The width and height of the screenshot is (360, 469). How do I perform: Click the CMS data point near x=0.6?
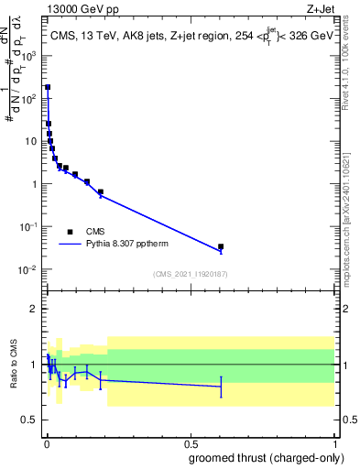pyautogui.click(x=221, y=246)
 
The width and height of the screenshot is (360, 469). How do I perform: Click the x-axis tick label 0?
pyautogui.click(x=47, y=443)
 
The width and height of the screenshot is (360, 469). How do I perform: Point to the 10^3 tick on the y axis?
pyautogui.click(x=30, y=56)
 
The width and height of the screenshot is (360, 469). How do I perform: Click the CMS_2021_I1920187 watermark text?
pyautogui.click(x=190, y=274)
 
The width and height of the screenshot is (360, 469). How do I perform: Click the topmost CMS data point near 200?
pyautogui.click(x=48, y=87)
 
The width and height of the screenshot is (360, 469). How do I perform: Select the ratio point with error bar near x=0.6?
pyautogui.click(x=221, y=387)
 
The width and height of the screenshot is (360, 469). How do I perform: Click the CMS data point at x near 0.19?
pyautogui.click(x=101, y=192)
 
